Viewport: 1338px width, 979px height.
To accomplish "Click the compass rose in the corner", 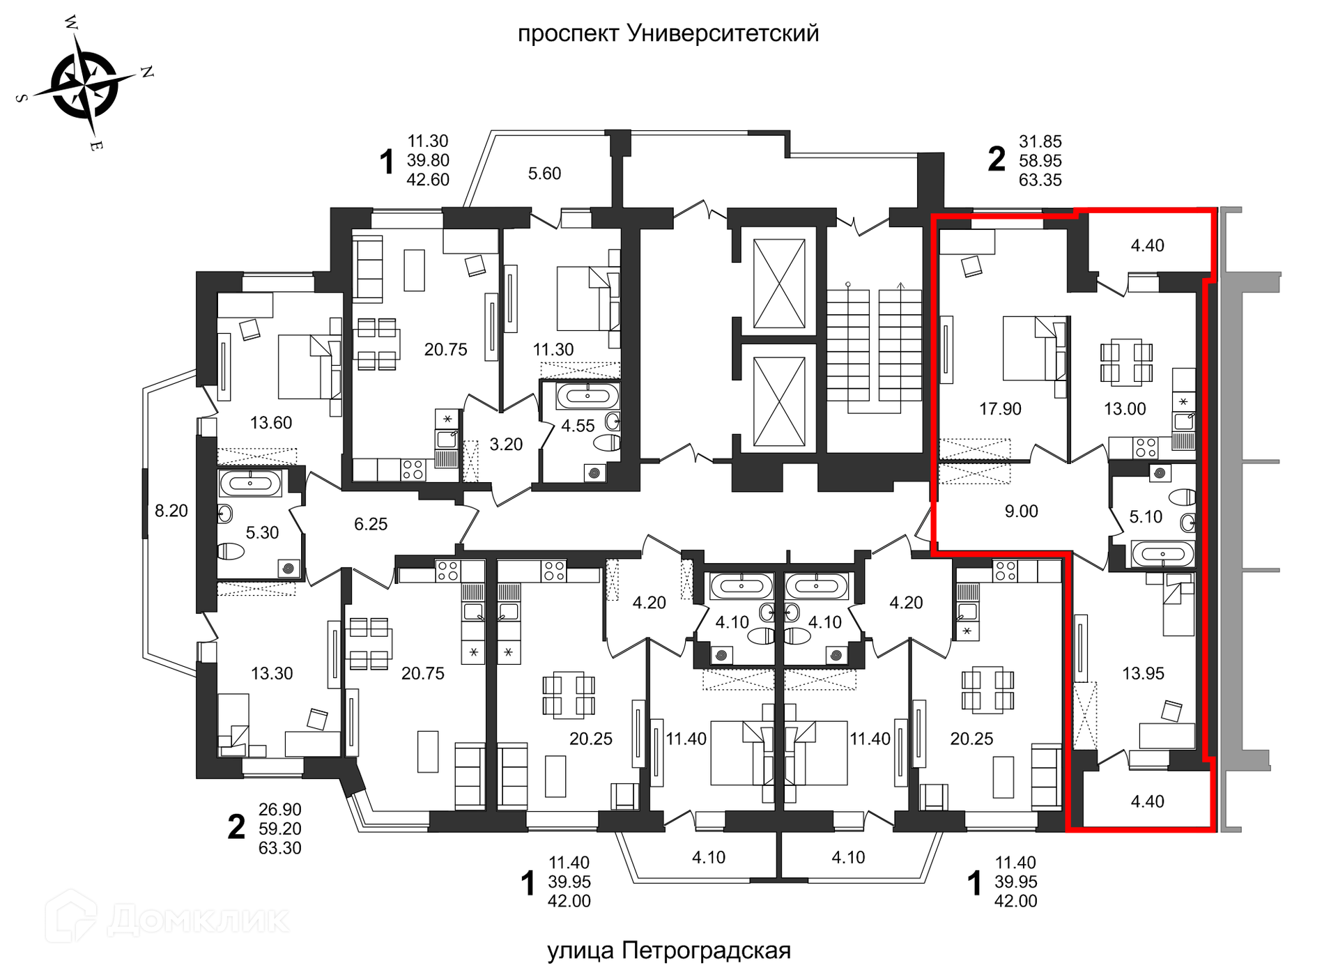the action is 85,85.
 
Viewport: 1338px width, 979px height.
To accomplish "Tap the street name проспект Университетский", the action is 668,33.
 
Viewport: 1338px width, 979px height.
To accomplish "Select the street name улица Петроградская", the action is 669,950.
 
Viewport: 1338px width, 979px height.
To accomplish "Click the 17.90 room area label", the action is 1000,409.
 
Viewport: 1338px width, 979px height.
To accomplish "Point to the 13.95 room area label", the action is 1143,673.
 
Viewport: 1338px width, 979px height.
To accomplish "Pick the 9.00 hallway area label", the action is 1021,511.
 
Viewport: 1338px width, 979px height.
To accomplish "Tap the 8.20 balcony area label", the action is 171,511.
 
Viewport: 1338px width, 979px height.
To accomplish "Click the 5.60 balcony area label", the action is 544,174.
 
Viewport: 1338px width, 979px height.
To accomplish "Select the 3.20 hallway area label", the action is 506,445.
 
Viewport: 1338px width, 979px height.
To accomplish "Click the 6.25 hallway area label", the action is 371,524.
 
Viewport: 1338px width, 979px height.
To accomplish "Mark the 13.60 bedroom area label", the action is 271,423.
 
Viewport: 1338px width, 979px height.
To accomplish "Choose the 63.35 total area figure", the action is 1040,180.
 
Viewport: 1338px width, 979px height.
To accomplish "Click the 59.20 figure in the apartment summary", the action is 280,829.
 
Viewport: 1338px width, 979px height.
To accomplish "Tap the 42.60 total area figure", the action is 428,180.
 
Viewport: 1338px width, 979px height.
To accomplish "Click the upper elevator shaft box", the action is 779,283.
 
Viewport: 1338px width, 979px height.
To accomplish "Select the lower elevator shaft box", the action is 779,402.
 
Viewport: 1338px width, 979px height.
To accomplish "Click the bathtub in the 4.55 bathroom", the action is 587,396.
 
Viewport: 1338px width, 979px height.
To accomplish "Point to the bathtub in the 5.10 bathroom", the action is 1163,554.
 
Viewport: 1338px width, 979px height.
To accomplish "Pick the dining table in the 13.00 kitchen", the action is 1126,362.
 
